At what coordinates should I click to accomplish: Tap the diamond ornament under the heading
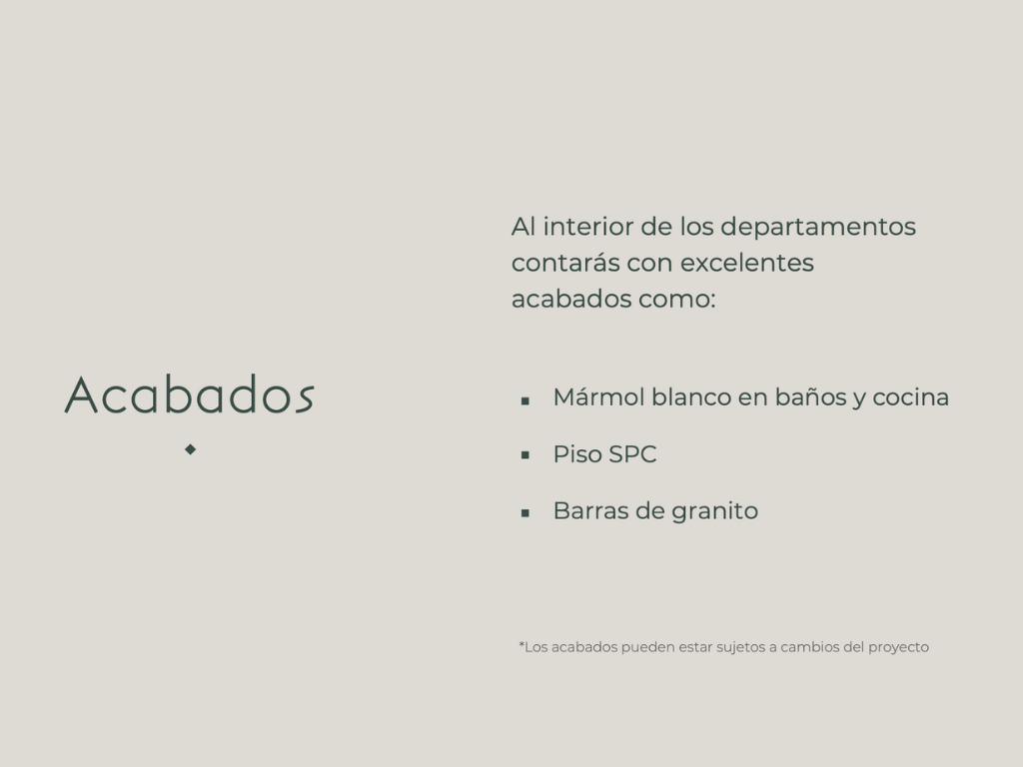191,449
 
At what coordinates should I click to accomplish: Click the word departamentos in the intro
818,228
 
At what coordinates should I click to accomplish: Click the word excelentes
747,263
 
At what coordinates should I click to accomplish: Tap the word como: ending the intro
677,300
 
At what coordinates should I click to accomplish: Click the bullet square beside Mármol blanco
525,400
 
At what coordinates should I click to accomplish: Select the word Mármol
599,396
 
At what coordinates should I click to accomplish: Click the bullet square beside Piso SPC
525,455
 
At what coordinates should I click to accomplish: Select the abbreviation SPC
632,454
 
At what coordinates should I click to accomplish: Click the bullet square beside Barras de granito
525,513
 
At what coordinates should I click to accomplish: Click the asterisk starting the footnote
521,644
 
